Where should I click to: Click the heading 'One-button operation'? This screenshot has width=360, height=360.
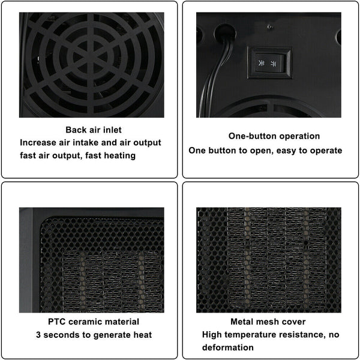[274, 136]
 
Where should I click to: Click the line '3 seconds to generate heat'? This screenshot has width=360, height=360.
[94, 335]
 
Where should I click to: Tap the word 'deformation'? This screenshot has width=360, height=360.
[227, 347]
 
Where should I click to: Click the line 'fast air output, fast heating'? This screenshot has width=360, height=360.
[77, 155]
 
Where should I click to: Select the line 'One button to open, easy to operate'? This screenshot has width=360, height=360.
[266, 150]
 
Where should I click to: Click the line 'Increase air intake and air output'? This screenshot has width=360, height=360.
[91, 143]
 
